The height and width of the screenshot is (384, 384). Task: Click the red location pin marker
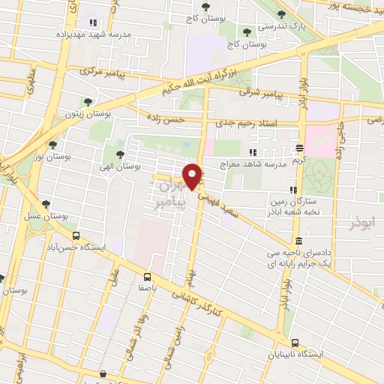194,176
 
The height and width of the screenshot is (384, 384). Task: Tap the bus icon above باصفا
148,276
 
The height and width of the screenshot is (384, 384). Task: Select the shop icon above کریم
299,148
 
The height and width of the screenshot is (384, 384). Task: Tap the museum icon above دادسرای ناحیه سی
298,241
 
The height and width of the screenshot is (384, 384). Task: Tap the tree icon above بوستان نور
52,145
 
